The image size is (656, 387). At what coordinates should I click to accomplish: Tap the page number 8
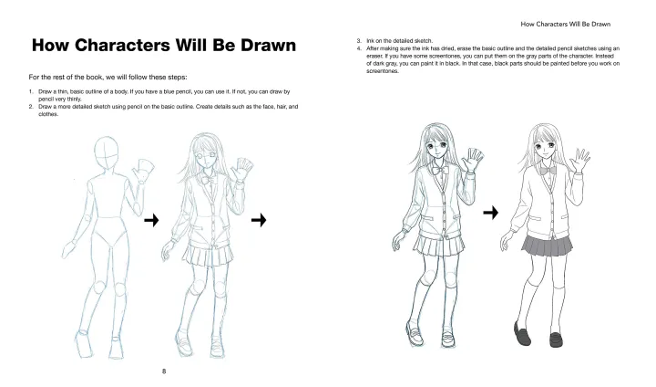(164, 371)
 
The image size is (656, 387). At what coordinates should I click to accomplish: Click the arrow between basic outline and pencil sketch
(151, 219)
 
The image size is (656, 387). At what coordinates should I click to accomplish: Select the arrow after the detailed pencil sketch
(258, 219)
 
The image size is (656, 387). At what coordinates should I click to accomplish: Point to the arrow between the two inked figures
(491, 212)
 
